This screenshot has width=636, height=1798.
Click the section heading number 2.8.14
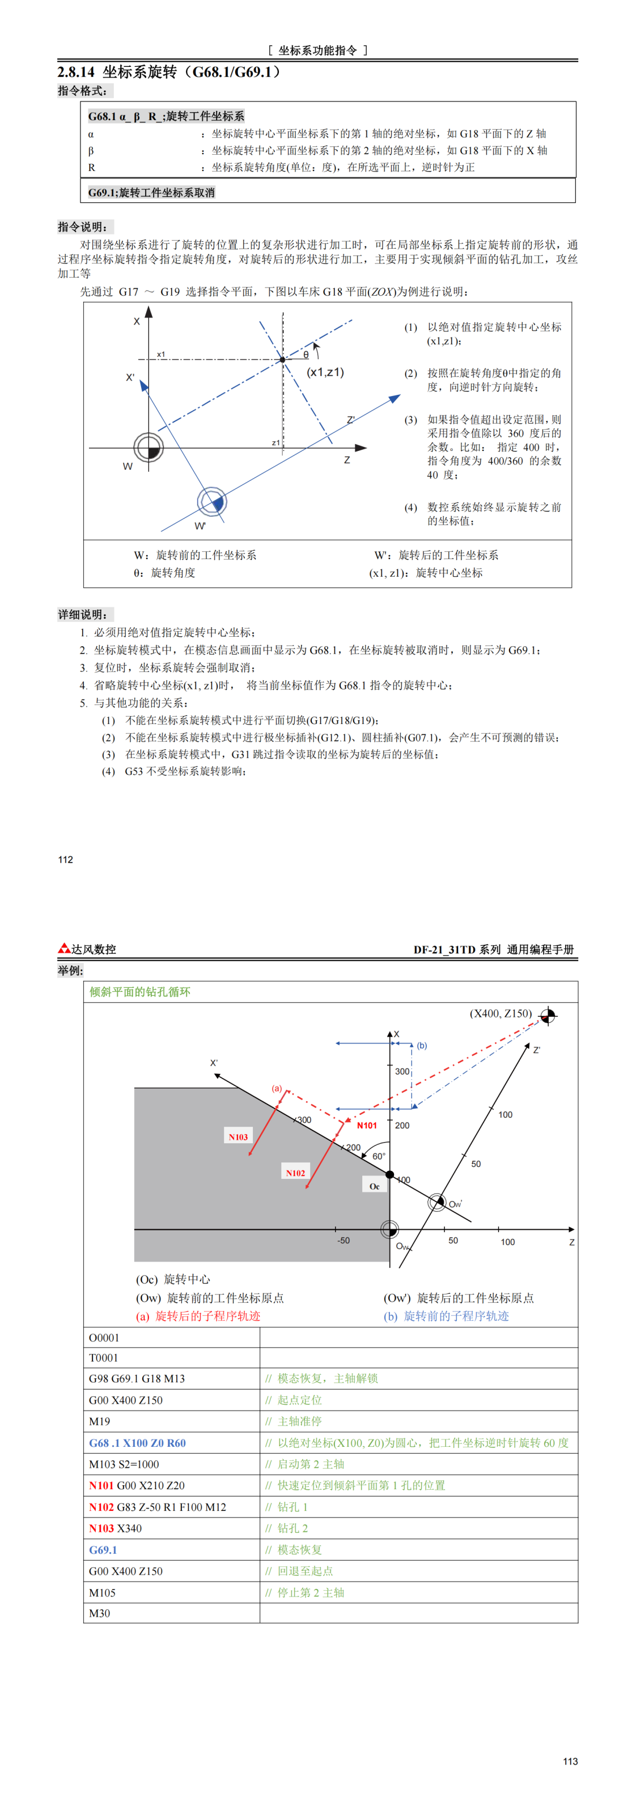click(x=75, y=72)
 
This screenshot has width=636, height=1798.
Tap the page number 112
click(x=66, y=859)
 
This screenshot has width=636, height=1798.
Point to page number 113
click(x=570, y=1761)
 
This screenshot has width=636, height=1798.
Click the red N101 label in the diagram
click(x=367, y=1125)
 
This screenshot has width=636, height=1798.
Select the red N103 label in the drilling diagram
click(x=238, y=1137)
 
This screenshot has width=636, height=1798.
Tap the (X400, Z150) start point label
click(x=501, y=1013)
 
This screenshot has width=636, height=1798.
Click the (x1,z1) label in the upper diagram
click(x=325, y=372)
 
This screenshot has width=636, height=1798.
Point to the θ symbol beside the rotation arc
click(x=306, y=355)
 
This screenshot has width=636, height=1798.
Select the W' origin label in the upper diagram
click(x=200, y=526)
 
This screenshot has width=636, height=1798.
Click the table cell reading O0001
click(x=104, y=1337)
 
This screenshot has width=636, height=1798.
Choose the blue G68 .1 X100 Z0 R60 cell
click(x=138, y=1443)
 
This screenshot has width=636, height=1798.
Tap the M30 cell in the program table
click(x=99, y=1613)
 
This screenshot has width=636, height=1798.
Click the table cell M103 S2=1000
click(x=124, y=1464)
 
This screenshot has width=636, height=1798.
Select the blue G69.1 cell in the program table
click(x=103, y=1549)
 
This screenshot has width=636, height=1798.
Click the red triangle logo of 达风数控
click(x=64, y=948)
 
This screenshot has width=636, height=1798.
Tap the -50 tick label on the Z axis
click(x=344, y=1241)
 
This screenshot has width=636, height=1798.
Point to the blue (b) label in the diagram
click(x=422, y=1045)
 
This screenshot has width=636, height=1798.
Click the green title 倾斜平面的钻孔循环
click(x=139, y=991)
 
